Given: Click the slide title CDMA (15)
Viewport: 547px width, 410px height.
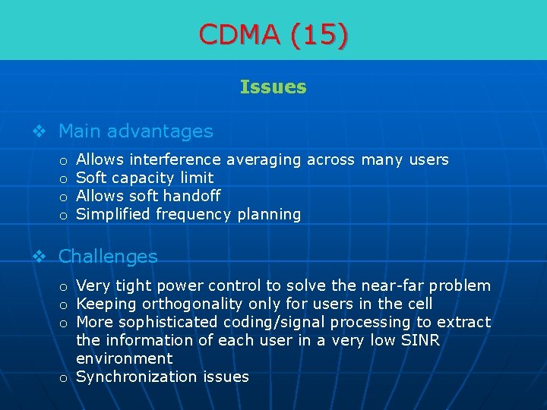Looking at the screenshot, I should pos(273,34).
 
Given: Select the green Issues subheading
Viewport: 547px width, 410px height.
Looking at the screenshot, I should pos(273,87).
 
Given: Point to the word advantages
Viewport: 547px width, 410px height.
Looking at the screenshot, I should pos(160,131).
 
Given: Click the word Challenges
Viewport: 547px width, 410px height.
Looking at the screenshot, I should pos(108,257).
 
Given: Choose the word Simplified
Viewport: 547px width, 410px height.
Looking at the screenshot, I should pos(114,215).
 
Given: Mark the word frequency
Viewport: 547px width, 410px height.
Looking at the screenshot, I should pos(194,215).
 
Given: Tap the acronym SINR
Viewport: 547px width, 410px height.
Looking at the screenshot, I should pos(417,341).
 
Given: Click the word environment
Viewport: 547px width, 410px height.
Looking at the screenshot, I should pos(125,358).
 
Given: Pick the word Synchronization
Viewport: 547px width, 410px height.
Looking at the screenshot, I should pos(138,377).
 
